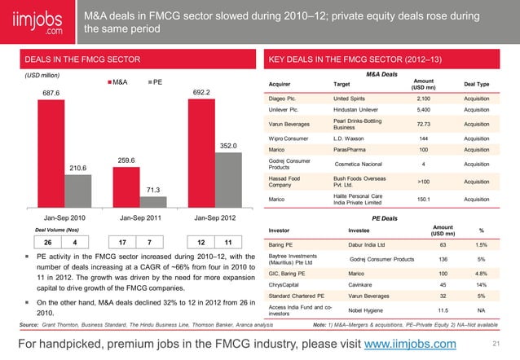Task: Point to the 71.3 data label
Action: click(152, 190)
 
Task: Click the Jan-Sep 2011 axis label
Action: click(139, 217)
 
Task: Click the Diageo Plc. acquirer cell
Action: click(282, 97)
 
